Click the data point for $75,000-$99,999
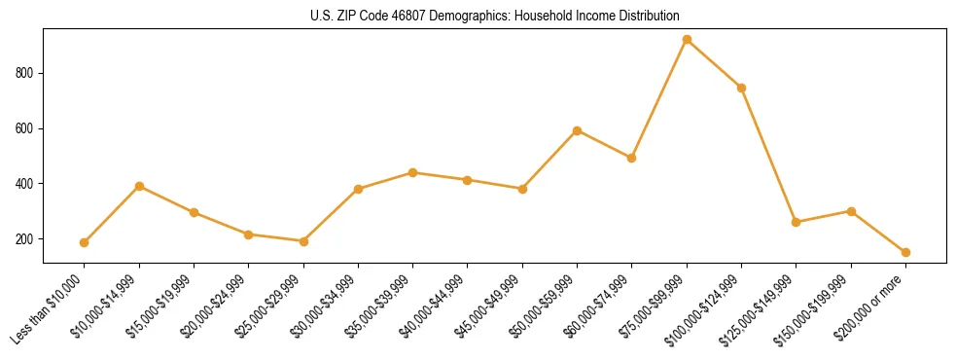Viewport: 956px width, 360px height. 687,40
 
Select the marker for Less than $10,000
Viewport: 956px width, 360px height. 85,242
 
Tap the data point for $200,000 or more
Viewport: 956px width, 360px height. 905,252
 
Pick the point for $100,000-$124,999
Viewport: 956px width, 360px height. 741,88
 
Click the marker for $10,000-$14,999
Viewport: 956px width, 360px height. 139,186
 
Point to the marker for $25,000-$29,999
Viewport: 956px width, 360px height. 303,241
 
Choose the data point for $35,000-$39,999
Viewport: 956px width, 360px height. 412,172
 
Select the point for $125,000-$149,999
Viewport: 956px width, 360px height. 797,222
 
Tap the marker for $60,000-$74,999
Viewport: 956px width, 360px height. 632,158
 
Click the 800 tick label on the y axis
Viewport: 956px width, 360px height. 25,73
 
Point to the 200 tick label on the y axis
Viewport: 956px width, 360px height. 25,239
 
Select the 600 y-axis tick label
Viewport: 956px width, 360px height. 25,128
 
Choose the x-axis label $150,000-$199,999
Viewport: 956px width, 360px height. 812,310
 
